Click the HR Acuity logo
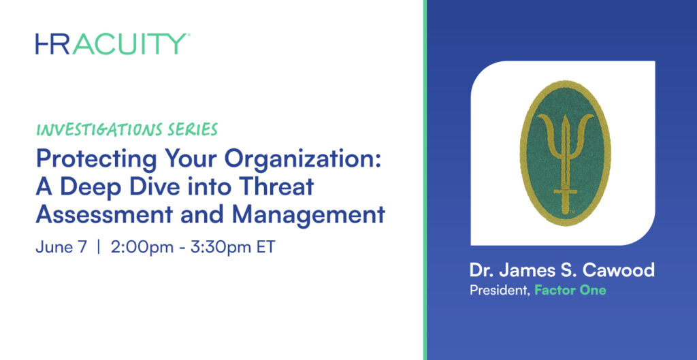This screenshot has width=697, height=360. pos(113,44)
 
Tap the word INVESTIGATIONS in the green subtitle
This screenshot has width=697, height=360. pos(93,130)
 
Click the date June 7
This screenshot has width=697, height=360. pos(61,247)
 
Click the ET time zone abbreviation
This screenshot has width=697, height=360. pos(266,247)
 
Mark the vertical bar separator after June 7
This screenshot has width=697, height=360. pos(99,247)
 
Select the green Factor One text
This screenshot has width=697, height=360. pos(570,291)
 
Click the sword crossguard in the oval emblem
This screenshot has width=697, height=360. pos(565,192)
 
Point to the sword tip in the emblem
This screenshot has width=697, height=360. pos(565,114)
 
